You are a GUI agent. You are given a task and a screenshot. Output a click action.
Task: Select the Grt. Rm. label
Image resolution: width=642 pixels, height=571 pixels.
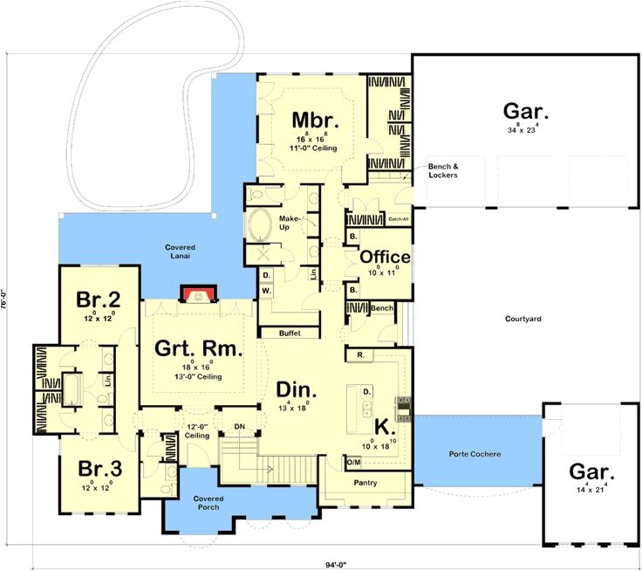[198, 349]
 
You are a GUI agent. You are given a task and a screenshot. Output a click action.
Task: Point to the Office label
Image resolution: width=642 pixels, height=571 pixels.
[385, 257]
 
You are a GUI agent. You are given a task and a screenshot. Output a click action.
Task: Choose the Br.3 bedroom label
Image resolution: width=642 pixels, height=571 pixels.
[98, 469]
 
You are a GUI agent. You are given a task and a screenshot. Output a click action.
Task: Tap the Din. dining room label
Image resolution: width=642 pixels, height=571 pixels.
[297, 389]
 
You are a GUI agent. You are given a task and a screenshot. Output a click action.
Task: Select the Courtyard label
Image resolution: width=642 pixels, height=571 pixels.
[523, 320]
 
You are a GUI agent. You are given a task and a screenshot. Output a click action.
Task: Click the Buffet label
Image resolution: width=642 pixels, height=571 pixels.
[290, 334]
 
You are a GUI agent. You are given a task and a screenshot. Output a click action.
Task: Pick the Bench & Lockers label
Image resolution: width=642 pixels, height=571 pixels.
[442, 171]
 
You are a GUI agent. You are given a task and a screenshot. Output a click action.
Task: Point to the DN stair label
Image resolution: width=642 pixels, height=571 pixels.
[240, 426]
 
